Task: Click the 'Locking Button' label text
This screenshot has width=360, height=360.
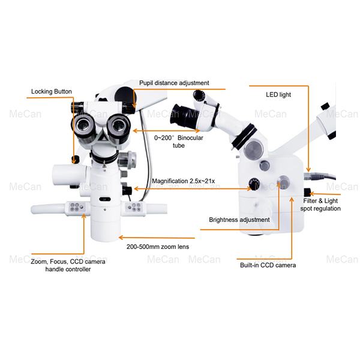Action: [52, 92]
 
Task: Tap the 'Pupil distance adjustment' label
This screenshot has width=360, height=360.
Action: [174, 82]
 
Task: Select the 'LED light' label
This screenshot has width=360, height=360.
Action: [278, 95]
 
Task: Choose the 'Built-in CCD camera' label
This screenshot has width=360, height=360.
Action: [268, 265]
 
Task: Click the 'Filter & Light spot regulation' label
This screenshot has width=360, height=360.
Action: [321, 205]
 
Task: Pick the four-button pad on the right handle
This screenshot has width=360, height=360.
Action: [135, 207]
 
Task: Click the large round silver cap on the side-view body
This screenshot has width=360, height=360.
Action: [256, 148]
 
